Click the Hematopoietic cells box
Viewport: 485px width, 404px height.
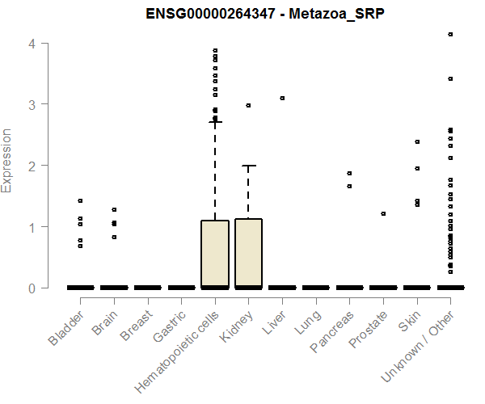215,254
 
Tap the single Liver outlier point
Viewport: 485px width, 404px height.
282,98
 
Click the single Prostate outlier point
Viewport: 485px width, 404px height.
383,213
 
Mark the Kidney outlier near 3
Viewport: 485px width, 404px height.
248,105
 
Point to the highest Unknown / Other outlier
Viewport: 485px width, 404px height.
450,34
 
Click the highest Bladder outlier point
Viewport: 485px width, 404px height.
81,200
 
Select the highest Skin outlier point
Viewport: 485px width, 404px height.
417,141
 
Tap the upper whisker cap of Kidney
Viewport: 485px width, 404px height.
248,166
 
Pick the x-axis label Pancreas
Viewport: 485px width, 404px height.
329,332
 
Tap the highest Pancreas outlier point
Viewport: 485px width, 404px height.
349,173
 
